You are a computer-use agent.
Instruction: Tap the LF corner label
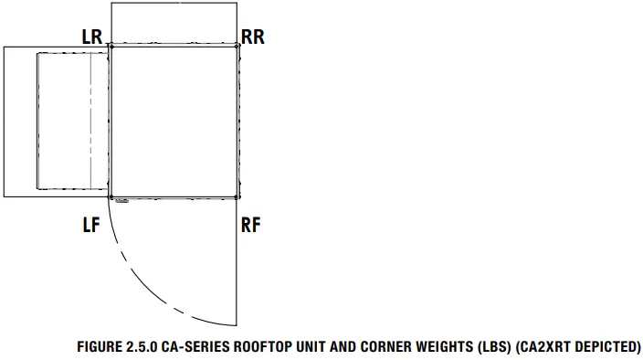[x=90, y=225]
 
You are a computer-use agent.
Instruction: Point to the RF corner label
[x=250, y=225]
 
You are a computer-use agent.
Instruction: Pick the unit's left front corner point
[x=111, y=196]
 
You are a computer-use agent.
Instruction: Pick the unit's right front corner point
[x=238, y=196]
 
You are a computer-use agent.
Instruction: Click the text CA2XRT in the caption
[x=541, y=347]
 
